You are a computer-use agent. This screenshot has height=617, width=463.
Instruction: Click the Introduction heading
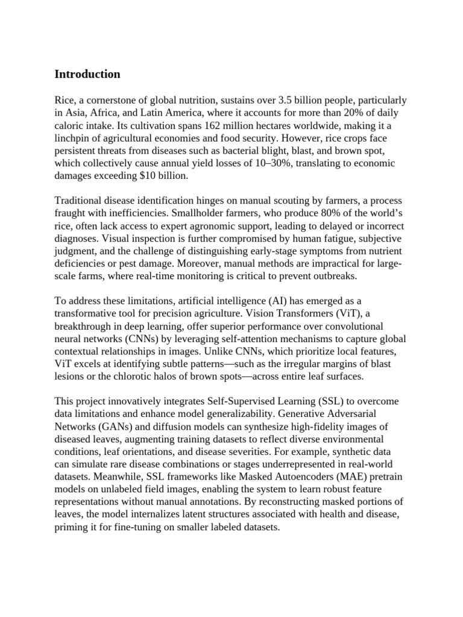[x=87, y=74]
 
